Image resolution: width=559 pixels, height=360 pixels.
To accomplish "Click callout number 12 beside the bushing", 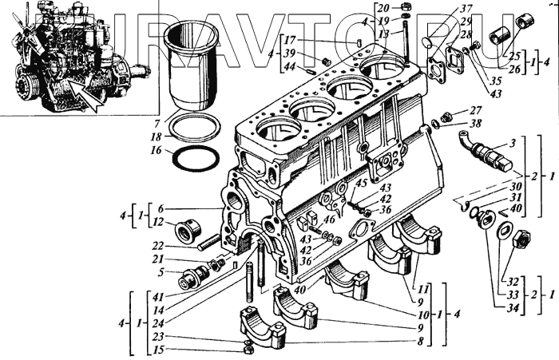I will (160, 221).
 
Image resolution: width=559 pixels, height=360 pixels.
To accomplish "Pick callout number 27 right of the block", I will (475, 111).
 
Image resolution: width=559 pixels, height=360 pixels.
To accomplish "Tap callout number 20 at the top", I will (385, 7).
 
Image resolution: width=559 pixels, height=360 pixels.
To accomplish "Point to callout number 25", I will (513, 55).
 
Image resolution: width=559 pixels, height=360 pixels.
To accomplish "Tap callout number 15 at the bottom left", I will (160, 350).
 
